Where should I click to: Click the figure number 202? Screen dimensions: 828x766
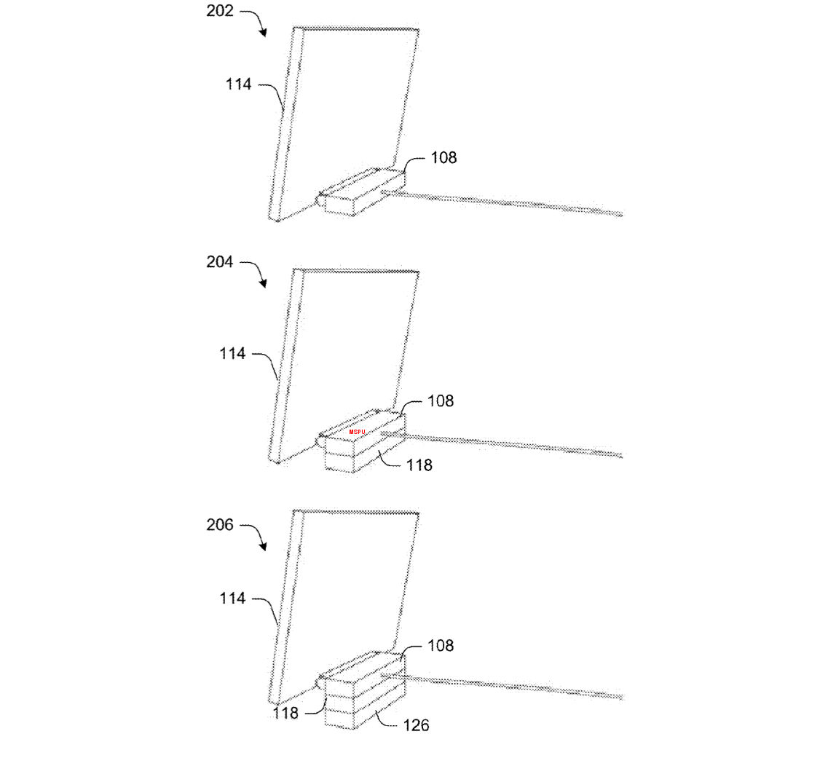point(220,11)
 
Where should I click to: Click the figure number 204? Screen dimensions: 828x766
point(220,261)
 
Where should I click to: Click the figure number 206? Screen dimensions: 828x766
point(220,524)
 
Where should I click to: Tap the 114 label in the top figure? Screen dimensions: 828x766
point(239,84)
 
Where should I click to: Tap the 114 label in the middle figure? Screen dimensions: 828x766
point(232,353)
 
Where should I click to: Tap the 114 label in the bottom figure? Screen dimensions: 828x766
point(232,598)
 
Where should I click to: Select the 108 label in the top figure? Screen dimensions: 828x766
point(443,157)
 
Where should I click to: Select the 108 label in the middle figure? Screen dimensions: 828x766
point(441,400)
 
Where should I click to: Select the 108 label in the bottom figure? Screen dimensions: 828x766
point(441,645)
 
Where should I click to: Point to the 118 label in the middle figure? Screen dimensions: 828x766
point(419,465)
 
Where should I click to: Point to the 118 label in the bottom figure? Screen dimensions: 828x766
point(285,713)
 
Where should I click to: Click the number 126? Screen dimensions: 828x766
point(416,725)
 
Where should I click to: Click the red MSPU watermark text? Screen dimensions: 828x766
point(357,432)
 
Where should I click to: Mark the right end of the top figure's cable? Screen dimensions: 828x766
point(622,214)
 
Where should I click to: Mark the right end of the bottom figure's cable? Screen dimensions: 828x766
point(622,698)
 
